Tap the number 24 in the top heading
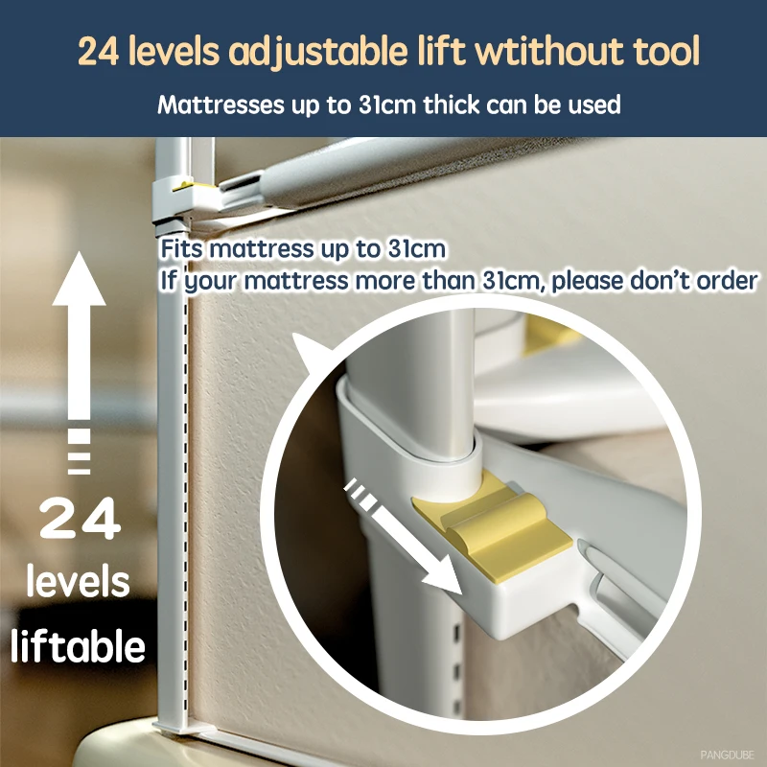(99, 52)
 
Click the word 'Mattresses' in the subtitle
(221, 105)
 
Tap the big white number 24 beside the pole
(80, 519)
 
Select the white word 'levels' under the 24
(79, 581)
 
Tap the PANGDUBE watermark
(727, 755)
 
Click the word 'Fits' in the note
(181, 248)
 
